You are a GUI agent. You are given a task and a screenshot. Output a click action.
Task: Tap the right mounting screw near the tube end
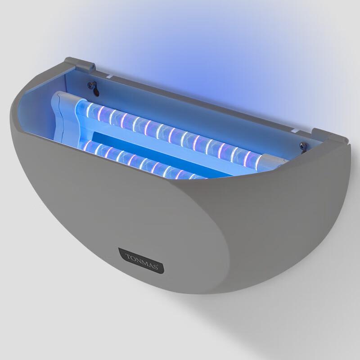pyautogui.click(x=302, y=146)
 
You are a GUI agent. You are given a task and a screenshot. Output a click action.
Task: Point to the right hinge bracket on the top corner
pyautogui.click(x=328, y=135)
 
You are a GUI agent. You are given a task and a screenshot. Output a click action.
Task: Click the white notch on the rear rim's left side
pyautogui.click(x=110, y=77)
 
